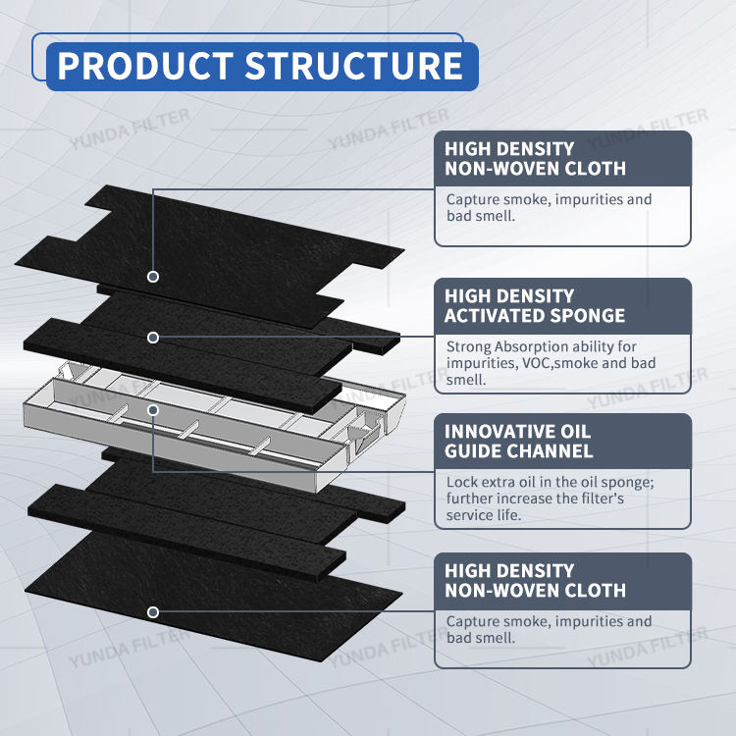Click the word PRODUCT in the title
[145, 65]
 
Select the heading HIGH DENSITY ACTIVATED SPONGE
[535, 305]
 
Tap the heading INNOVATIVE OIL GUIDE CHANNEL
[519, 441]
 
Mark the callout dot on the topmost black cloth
[153, 277]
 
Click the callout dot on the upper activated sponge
[153, 338]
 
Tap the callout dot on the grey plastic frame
[153, 408]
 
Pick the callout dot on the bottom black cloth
[153, 611]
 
